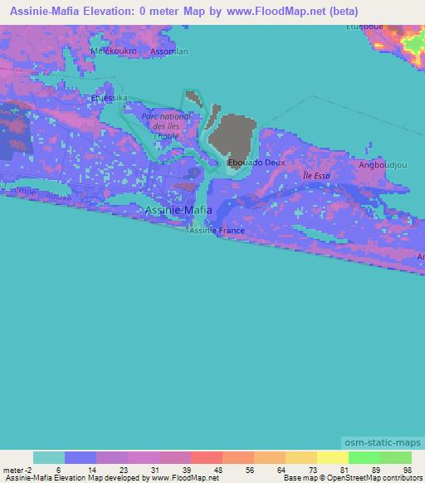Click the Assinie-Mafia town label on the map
[178, 211]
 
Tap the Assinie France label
[217, 231]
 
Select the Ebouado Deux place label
[256, 163]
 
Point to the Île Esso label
[315, 176]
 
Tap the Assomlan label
[169, 51]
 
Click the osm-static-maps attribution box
[384, 441]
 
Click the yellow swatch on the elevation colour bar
[332, 457]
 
